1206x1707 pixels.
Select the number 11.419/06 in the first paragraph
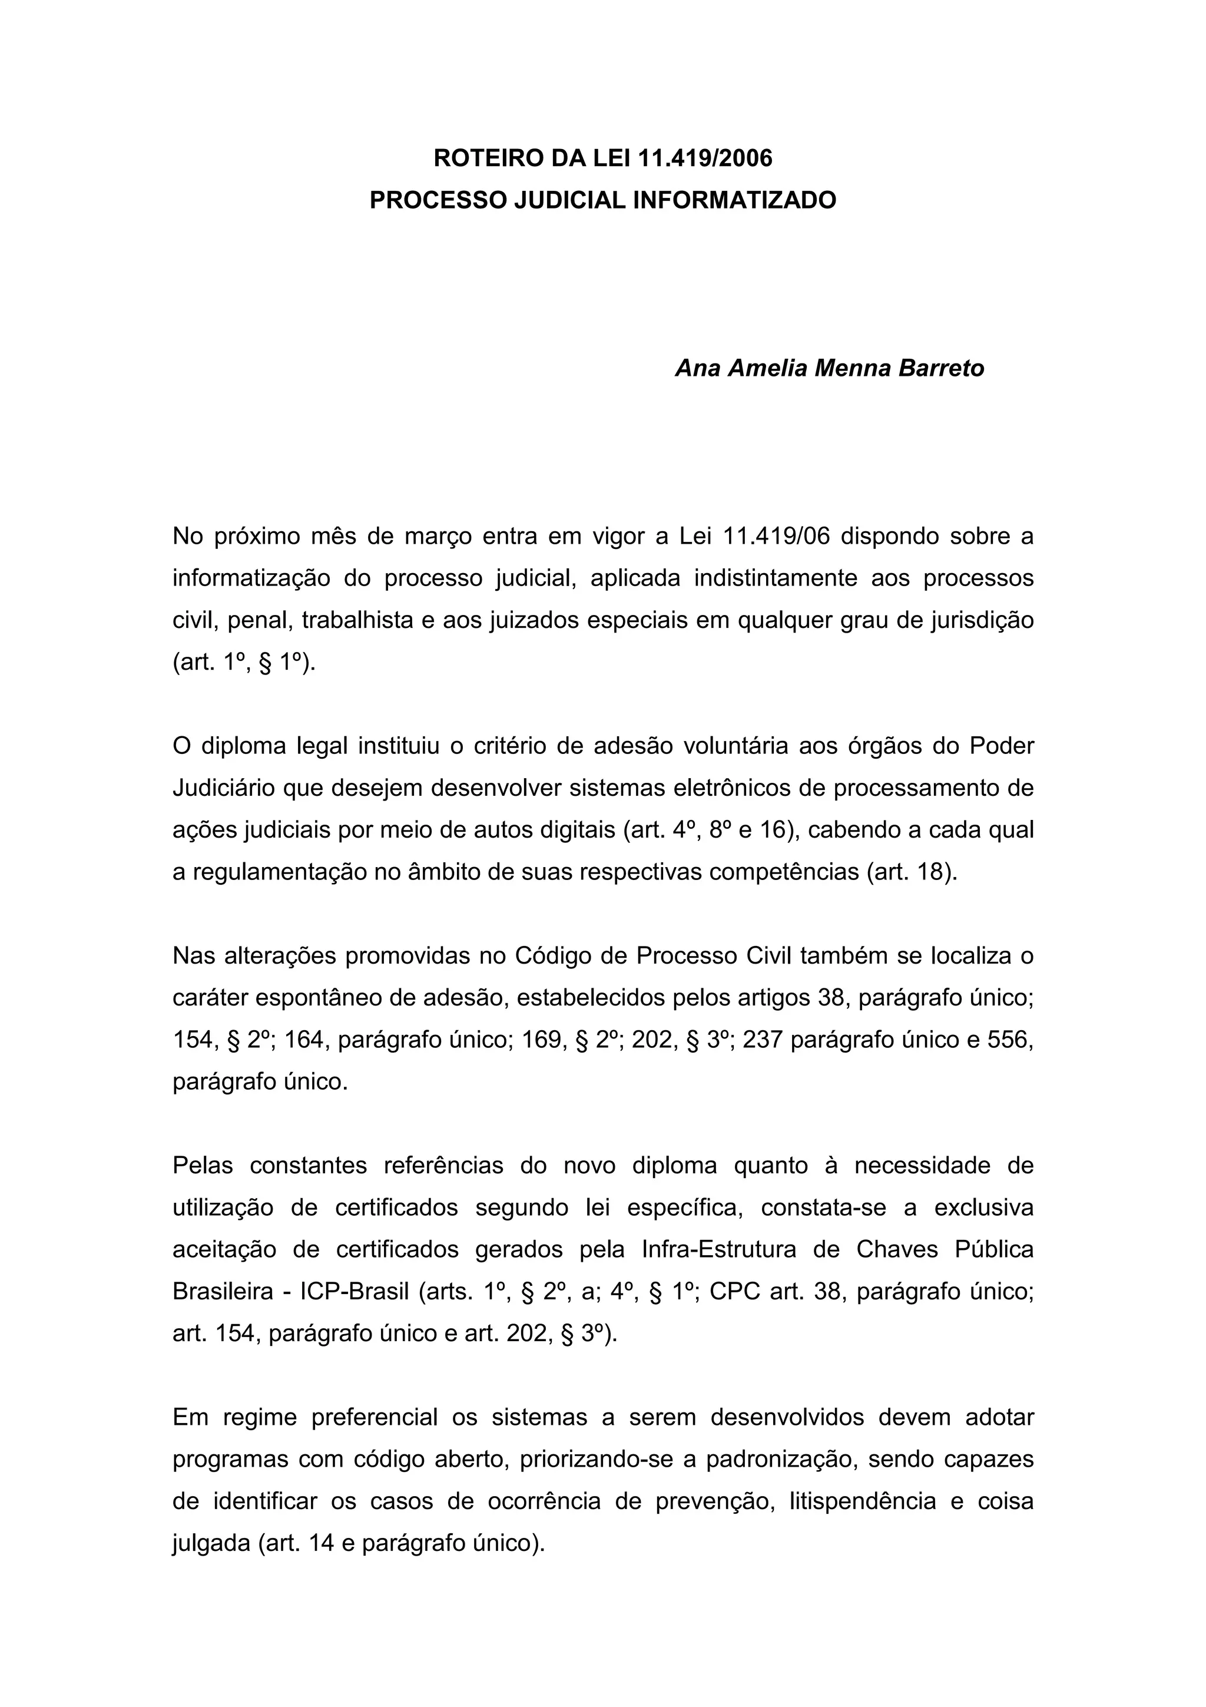775,536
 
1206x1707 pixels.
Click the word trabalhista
357,620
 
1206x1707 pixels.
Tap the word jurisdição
982,620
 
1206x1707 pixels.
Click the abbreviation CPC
734,1291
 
